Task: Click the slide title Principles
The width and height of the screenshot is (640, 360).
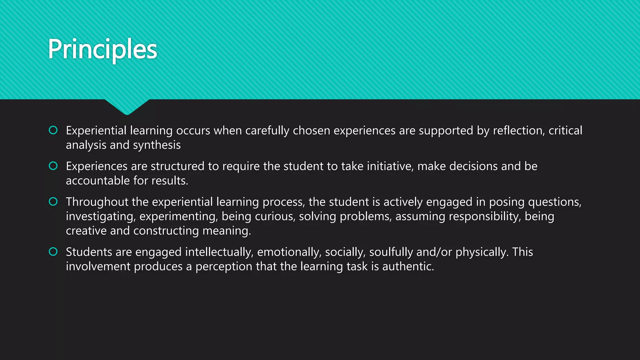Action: point(102,49)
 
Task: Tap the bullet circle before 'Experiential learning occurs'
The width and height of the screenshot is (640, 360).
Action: point(53,130)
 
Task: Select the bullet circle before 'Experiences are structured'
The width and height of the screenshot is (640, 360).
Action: point(53,166)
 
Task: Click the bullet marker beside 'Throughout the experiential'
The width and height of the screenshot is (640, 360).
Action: point(53,201)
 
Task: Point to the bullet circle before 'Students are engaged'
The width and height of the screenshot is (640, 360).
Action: point(53,251)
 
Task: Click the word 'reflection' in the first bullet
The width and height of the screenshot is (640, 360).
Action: point(519,131)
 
